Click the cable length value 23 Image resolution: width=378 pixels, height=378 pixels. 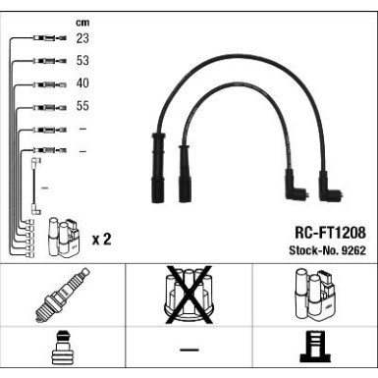tap(82, 38)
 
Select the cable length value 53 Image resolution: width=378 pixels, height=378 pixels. tap(82, 61)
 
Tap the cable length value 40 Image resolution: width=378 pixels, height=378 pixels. tap(82, 83)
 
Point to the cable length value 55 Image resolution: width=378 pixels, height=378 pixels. tap(82, 106)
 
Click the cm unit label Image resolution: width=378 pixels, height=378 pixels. tap(82, 23)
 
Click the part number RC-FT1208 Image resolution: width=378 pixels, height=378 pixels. tap(330, 233)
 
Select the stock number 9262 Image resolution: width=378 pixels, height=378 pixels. tap(353, 250)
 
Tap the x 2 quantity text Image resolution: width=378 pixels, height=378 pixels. tap(102, 240)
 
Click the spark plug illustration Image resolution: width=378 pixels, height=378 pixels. tap(63, 295)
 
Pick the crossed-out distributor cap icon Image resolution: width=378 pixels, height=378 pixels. tap(189, 295)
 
